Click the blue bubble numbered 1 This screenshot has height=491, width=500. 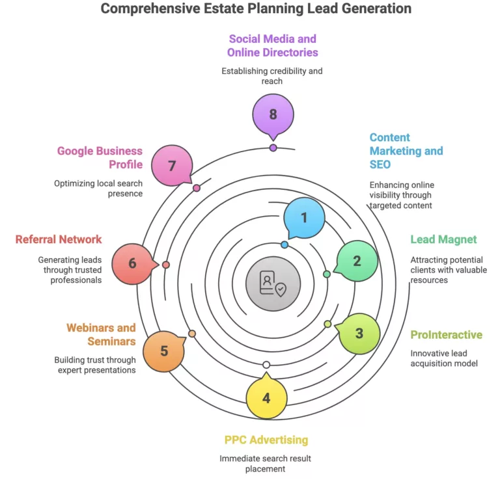click(x=304, y=218)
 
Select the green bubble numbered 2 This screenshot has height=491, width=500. click(x=357, y=261)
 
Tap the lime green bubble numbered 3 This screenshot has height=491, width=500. click(x=359, y=334)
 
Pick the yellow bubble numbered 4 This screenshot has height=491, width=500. click(x=266, y=397)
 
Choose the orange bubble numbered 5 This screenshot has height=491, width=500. click(x=163, y=351)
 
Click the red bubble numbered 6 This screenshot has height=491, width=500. click(x=132, y=263)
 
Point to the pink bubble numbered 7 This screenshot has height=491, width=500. click(x=172, y=165)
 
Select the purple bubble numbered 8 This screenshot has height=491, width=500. click(x=273, y=114)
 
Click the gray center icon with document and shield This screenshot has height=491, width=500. click(x=273, y=284)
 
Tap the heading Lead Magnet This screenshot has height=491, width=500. click(x=443, y=239)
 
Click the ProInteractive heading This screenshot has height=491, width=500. click(x=446, y=335)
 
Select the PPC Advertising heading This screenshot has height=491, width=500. click(x=266, y=440)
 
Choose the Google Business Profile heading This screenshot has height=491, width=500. click(x=100, y=157)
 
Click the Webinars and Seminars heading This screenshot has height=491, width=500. click(x=101, y=334)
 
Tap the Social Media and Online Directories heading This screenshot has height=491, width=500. click(x=272, y=46)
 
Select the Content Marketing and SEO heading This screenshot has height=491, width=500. click(x=406, y=151)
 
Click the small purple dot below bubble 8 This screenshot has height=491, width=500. click(x=273, y=148)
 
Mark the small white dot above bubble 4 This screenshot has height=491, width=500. click(x=266, y=364)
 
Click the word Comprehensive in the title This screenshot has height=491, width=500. click(x=143, y=8)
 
